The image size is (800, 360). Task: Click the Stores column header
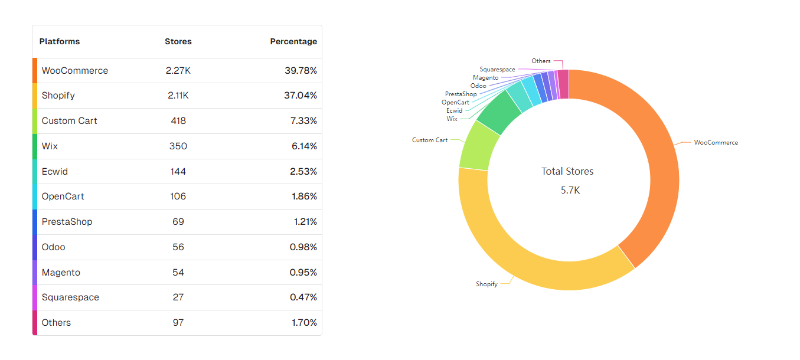178,41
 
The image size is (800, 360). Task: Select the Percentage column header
293,41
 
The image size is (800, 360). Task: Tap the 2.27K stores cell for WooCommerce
178,70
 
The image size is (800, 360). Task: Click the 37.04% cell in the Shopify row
301,96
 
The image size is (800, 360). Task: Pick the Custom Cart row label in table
69,121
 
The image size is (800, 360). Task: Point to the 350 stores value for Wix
178,146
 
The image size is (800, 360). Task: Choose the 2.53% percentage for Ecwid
304,172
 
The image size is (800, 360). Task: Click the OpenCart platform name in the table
63,197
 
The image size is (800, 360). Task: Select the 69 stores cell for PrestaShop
178,222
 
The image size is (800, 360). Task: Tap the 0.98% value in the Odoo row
303,247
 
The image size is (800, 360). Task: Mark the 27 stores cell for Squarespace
178,297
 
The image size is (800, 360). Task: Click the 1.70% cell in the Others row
304,323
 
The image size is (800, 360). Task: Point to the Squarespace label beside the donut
497,70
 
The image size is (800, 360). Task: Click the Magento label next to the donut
485,78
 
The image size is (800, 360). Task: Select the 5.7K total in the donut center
570,190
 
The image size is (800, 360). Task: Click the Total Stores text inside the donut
567,172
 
